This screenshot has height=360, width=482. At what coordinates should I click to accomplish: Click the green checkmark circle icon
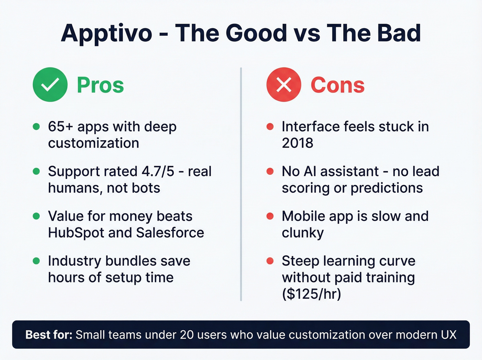coord(50,84)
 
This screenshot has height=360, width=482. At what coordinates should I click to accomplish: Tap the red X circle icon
coord(284,84)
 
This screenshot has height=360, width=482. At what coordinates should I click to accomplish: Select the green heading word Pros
coord(100,85)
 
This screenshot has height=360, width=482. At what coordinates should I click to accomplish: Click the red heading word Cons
coord(337,85)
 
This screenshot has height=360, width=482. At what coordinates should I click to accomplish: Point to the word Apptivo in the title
coord(106,33)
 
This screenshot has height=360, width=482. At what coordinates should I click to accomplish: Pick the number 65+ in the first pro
coord(61,127)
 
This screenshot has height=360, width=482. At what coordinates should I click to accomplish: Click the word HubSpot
coord(76,233)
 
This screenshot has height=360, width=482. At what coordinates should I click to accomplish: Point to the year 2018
coord(297,143)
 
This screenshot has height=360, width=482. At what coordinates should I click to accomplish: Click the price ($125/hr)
coord(312,294)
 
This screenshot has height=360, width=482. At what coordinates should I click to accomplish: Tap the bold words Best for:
coord(49,335)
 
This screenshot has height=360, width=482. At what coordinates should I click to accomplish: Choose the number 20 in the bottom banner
coord(187,335)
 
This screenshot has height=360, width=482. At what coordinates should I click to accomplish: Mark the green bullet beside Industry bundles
coord(36,261)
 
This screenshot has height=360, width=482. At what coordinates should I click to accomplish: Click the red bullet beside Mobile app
coord(270,216)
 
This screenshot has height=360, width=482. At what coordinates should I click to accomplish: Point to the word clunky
coord(303,233)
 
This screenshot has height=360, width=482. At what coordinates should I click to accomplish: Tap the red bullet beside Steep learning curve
coord(270,261)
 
